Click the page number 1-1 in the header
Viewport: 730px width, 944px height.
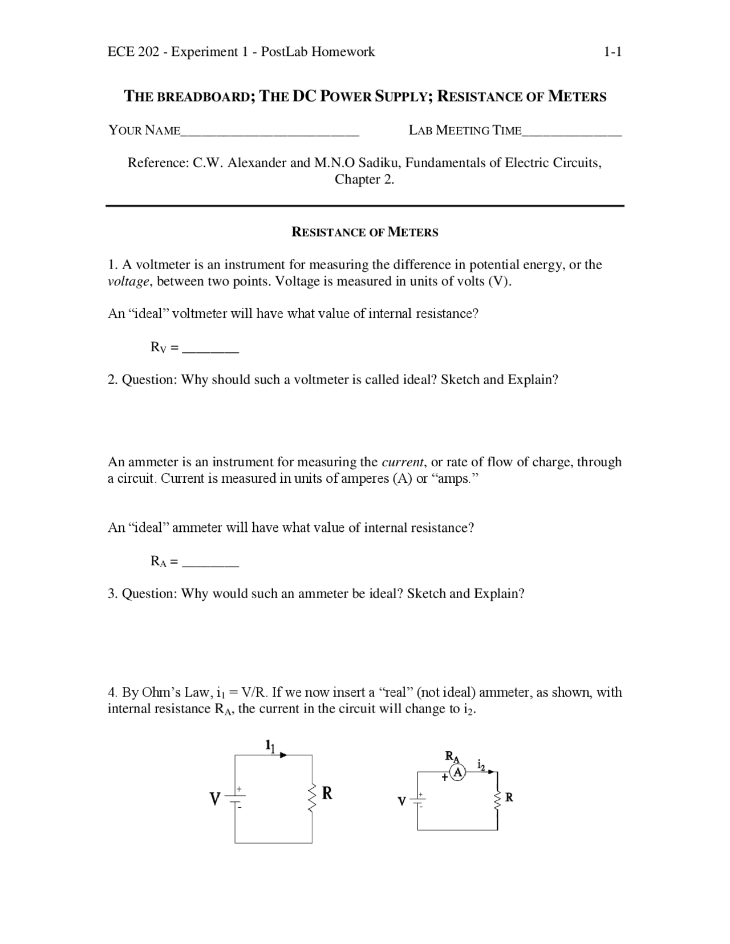[x=613, y=52]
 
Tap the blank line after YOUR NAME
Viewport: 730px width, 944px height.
[x=270, y=133]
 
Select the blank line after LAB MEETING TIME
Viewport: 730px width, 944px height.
[x=571, y=133]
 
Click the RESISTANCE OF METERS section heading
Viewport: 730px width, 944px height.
[x=365, y=232]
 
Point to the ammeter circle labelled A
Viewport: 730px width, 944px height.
[x=457, y=772]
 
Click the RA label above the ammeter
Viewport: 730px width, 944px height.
[x=452, y=756]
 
